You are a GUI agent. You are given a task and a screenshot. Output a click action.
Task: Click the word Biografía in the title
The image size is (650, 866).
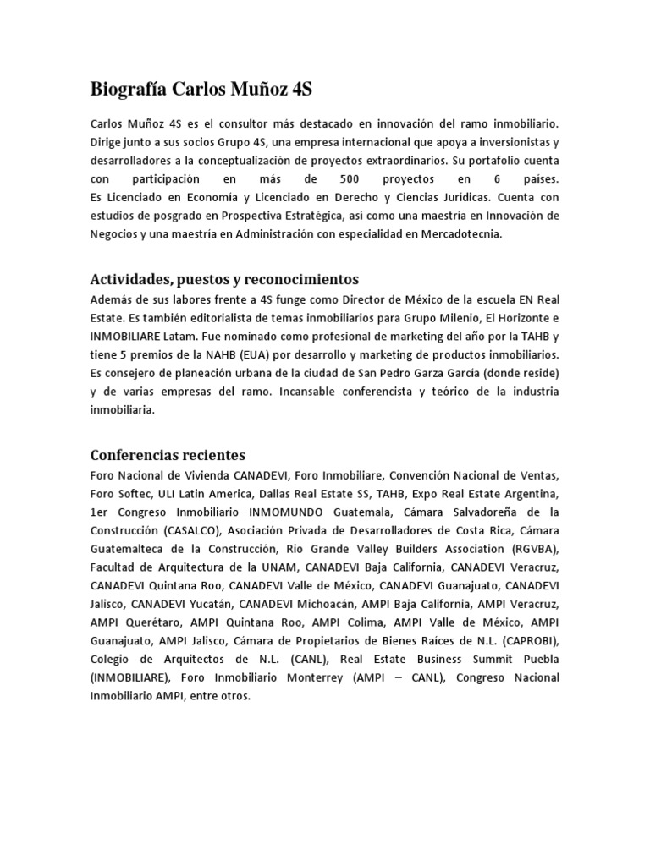coord(128,89)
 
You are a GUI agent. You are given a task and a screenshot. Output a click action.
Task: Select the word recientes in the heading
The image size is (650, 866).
coord(210,455)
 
